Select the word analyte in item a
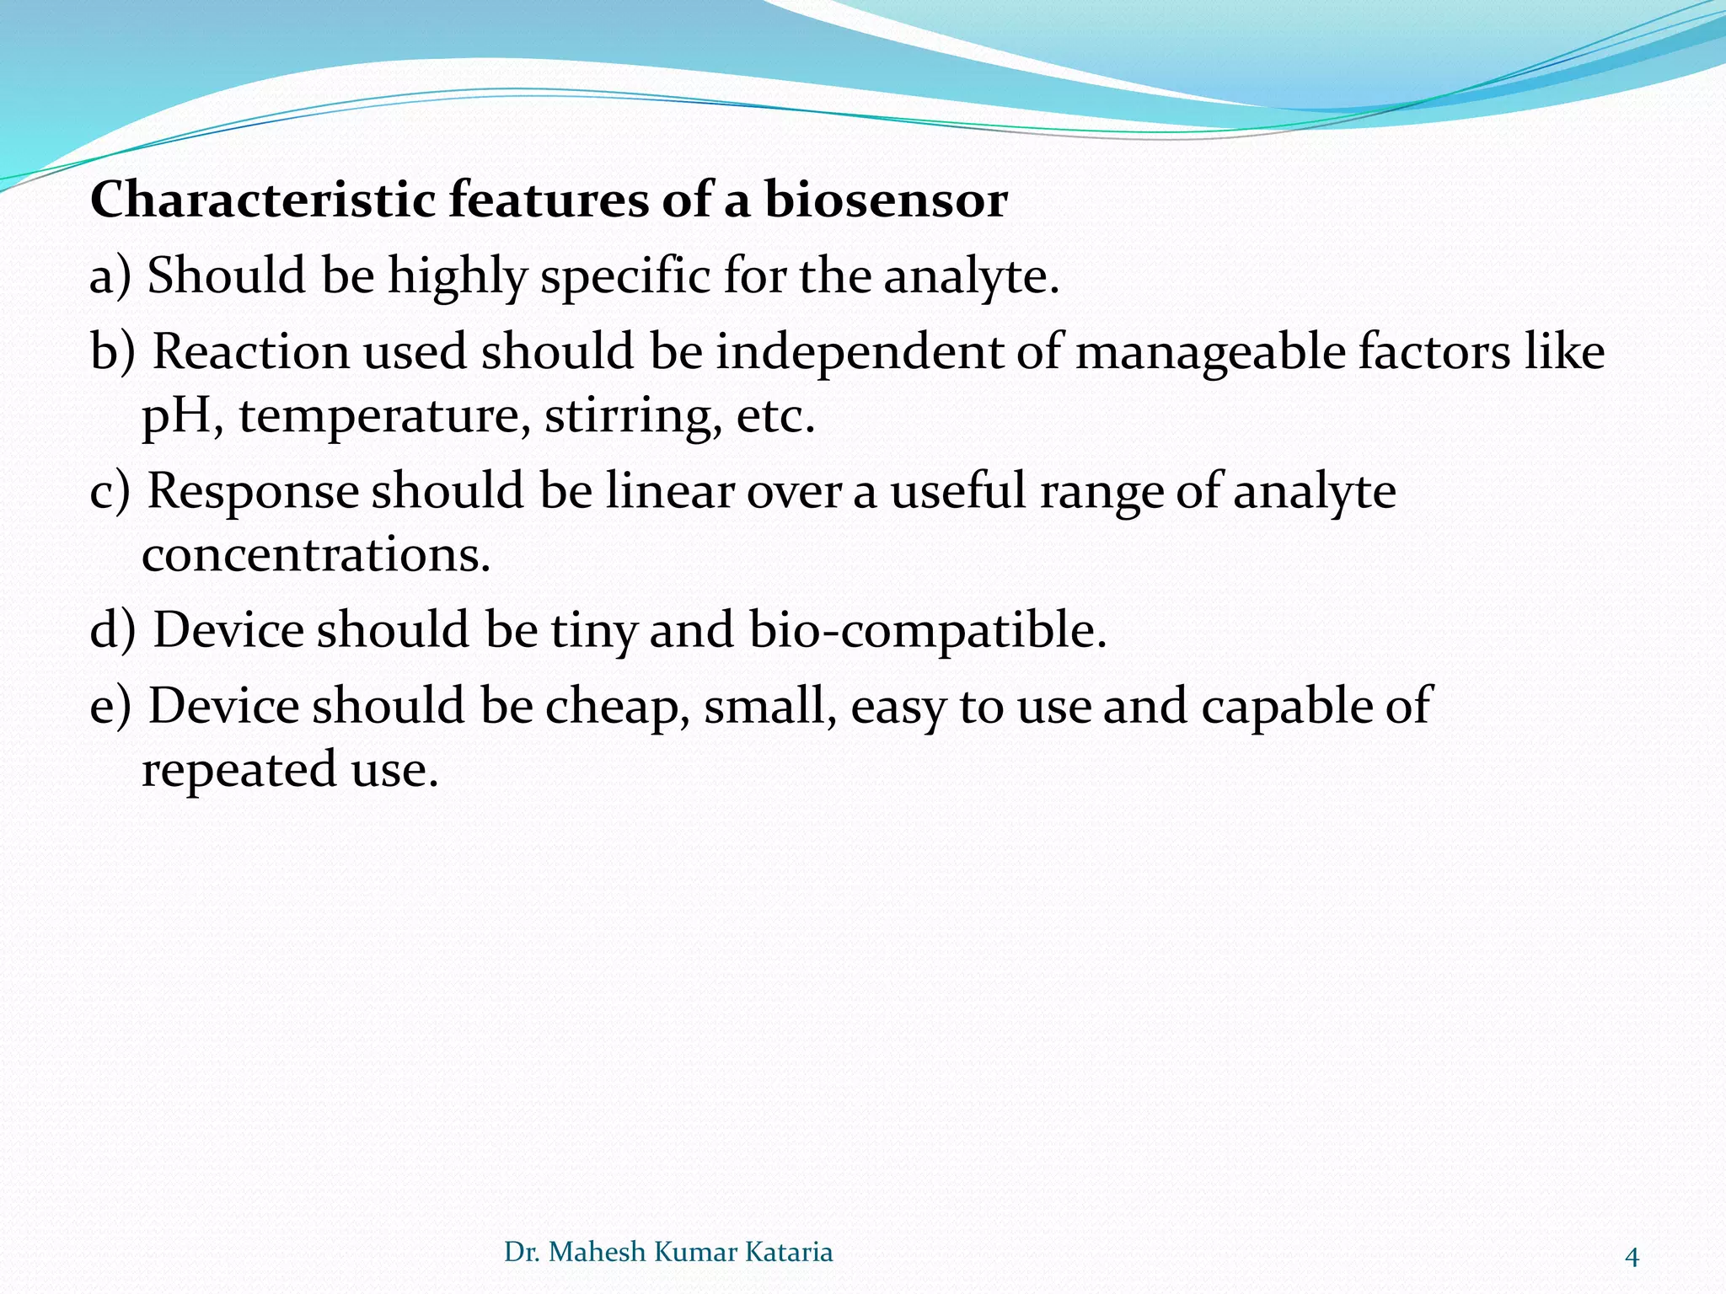(969, 276)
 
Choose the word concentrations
(315, 555)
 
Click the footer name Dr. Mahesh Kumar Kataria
(668, 1252)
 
